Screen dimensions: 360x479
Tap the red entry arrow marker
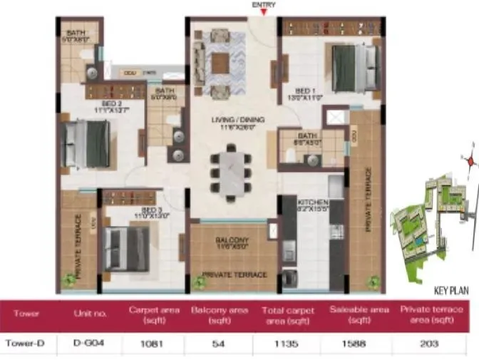point(264,13)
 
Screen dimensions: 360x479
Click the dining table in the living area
point(230,171)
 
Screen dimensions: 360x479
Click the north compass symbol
point(470,160)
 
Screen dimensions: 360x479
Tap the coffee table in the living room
point(220,63)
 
